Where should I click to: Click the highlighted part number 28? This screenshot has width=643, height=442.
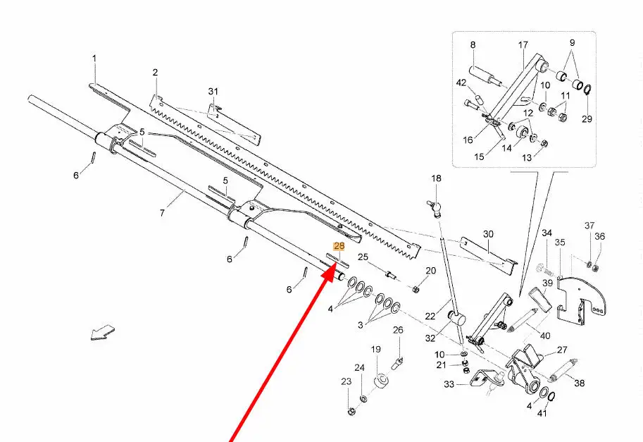[339, 246]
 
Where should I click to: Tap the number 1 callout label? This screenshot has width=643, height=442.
[95, 58]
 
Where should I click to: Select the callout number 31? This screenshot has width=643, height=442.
[213, 92]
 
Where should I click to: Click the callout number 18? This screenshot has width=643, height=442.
[436, 179]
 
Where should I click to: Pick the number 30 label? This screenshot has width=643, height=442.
[488, 234]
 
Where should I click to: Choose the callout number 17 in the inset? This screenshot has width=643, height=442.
[523, 45]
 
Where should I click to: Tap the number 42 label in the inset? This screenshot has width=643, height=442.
[461, 83]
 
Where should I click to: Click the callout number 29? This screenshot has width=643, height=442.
[587, 118]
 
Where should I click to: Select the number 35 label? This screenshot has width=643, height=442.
[560, 243]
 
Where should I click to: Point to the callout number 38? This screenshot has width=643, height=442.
[580, 383]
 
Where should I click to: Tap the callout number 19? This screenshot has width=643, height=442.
[376, 350]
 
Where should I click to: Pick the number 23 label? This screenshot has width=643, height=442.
[346, 381]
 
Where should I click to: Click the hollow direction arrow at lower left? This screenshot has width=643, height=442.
[103, 331]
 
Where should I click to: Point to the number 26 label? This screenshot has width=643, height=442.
[398, 331]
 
